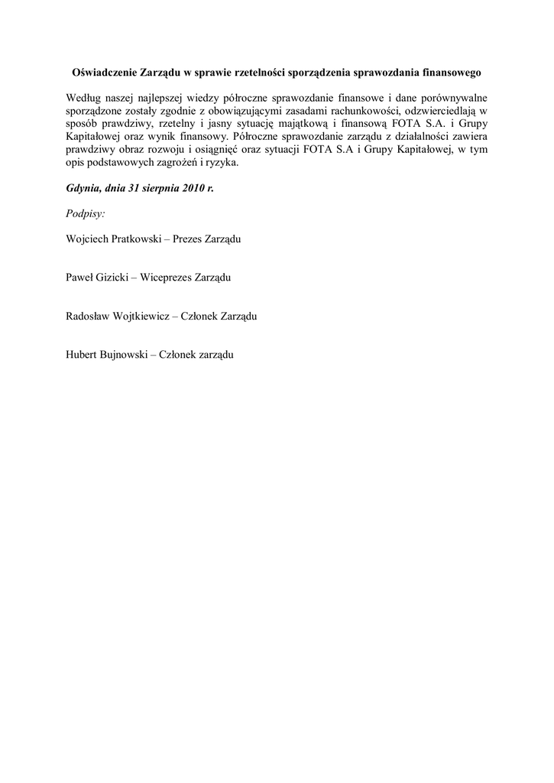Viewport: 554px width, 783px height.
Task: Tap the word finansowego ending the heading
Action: [x=452, y=73]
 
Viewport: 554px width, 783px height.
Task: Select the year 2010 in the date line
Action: [x=193, y=187]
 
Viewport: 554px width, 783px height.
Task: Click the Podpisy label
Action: [x=86, y=214]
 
